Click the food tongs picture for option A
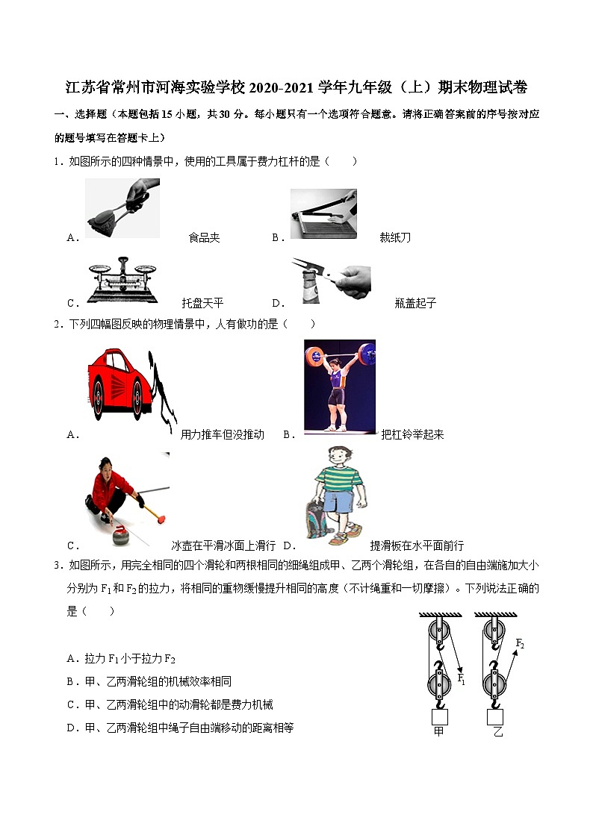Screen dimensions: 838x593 (122, 208)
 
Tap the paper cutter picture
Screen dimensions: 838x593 (323, 214)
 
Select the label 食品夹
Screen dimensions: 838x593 (204, 238)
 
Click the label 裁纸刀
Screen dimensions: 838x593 (395, 238)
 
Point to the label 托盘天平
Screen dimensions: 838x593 (202, 303)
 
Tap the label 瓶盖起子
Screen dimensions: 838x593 (415, 303)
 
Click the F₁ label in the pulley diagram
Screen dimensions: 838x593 (461, 679)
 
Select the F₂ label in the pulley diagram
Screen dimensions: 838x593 (520, 642)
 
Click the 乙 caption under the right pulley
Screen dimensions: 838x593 (498, 732)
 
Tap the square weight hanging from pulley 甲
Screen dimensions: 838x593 (439, 716)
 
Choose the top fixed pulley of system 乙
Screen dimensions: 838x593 (494, 631)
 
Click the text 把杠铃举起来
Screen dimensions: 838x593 (412, 434)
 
